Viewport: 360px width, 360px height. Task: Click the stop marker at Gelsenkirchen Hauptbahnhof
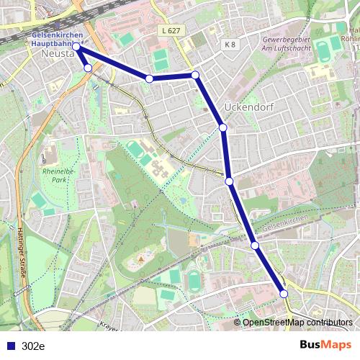click(76, 47)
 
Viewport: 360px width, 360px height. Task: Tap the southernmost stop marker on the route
click(284, 294)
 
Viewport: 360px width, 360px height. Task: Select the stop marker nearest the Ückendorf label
click(223, 127)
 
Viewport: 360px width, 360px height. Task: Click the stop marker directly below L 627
click(195, 75)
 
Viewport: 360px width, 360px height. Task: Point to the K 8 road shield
click(230, 45)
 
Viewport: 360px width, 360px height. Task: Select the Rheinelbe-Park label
click(54, 176)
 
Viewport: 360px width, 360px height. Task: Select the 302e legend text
click(33, 346)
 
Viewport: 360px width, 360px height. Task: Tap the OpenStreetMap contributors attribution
click(297, 322)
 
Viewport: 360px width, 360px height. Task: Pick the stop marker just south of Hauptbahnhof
click(88, 68)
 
